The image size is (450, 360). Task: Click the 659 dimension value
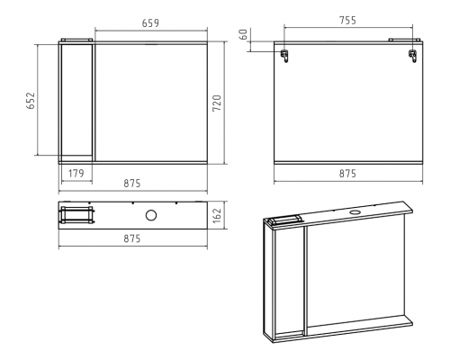point(150,23)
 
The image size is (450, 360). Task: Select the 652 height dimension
point(31,101)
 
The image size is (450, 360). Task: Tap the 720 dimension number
point(217,103)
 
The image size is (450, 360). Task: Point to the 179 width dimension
point(76,174)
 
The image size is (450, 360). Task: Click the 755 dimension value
point(347,21)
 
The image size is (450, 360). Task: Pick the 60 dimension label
point(244,34)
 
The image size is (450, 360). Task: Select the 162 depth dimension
point(217,215)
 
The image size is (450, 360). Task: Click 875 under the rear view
point(347,174)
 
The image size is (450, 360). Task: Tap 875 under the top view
point(132,238)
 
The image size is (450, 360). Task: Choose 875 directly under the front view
point(132,183)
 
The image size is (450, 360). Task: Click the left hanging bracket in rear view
point(284,56)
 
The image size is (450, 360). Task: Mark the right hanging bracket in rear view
point(413,56)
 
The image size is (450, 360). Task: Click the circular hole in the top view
point(151,215)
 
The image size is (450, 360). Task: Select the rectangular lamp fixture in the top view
point(76,215)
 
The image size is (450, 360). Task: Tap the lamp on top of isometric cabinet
point(286,220)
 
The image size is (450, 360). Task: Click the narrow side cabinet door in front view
point(76,100)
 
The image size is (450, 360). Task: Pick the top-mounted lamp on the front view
point(76,40)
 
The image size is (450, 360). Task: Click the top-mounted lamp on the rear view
point(405,40)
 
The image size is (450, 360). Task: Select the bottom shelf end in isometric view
point(409,320)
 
